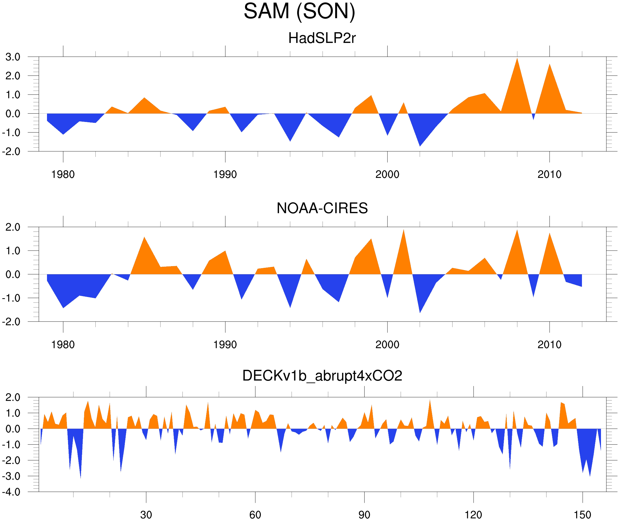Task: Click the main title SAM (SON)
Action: tap(299, 12)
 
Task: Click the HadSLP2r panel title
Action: tap(322, 38)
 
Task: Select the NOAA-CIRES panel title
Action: tap(322, 208)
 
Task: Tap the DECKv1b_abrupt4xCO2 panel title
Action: tap(322, 376)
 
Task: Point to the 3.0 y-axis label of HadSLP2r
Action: tap(13, 57)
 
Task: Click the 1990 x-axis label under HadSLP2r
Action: tap(225, 174)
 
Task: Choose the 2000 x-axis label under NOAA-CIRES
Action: tap(387, 345)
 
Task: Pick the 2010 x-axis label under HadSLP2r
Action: tap(549, 174)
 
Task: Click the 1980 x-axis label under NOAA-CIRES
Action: tap(63, 345)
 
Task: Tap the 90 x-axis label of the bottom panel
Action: tap(364, 515)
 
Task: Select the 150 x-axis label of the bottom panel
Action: tap(582, 515)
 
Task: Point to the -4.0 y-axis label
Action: tap(11, 492)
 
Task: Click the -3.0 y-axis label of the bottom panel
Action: tap(11, 476)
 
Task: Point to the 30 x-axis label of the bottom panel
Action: tap(146, 515)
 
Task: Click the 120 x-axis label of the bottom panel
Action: tap(473, 515)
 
